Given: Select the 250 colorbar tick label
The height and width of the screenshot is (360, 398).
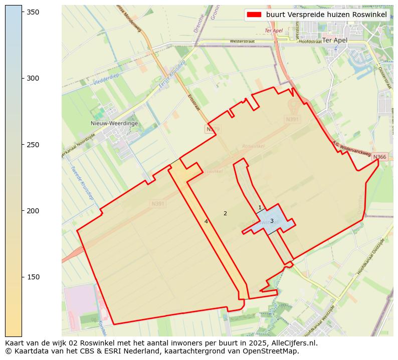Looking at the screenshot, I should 33,145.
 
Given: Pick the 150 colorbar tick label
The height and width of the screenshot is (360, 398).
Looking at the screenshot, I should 33,277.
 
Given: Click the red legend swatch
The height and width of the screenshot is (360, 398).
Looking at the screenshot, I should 254,15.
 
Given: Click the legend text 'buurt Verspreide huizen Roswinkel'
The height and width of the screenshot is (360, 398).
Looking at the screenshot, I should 326,15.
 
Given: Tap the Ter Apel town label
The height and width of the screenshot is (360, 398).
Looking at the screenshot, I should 335,40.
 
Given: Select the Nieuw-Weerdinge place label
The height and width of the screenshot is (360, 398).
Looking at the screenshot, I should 114,123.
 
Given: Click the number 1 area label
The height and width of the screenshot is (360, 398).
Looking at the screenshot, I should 260,207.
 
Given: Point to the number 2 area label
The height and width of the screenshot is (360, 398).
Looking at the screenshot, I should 225,213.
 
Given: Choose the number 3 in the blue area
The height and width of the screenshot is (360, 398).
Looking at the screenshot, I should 272,221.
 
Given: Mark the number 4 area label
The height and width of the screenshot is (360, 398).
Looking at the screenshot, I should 206,221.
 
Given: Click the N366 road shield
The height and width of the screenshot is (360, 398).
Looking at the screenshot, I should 379,157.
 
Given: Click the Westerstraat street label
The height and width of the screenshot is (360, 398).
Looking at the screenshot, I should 243,42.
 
